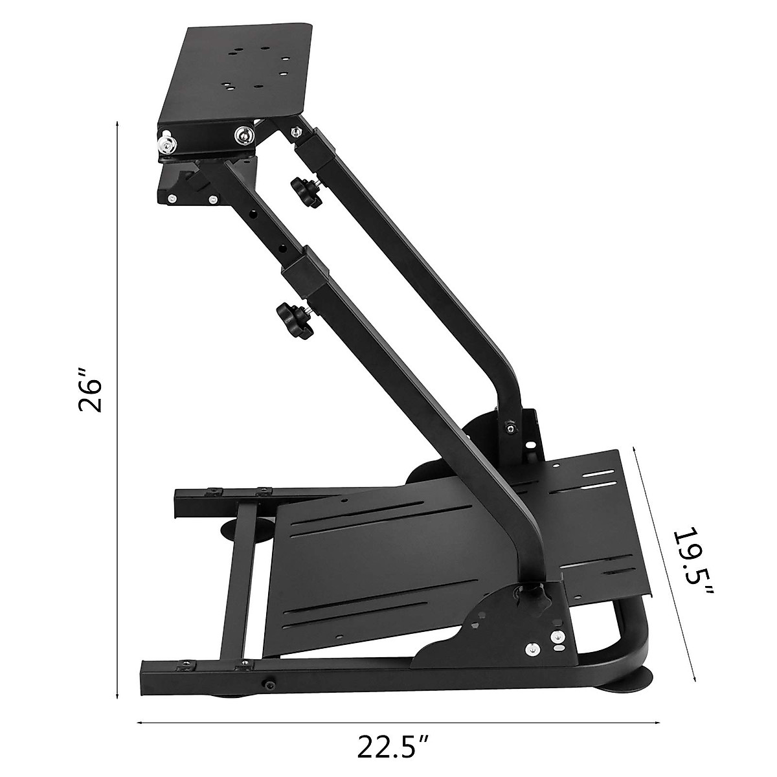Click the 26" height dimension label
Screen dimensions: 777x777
90,390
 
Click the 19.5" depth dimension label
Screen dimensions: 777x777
692,563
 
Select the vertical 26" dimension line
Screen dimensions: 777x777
117,388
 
